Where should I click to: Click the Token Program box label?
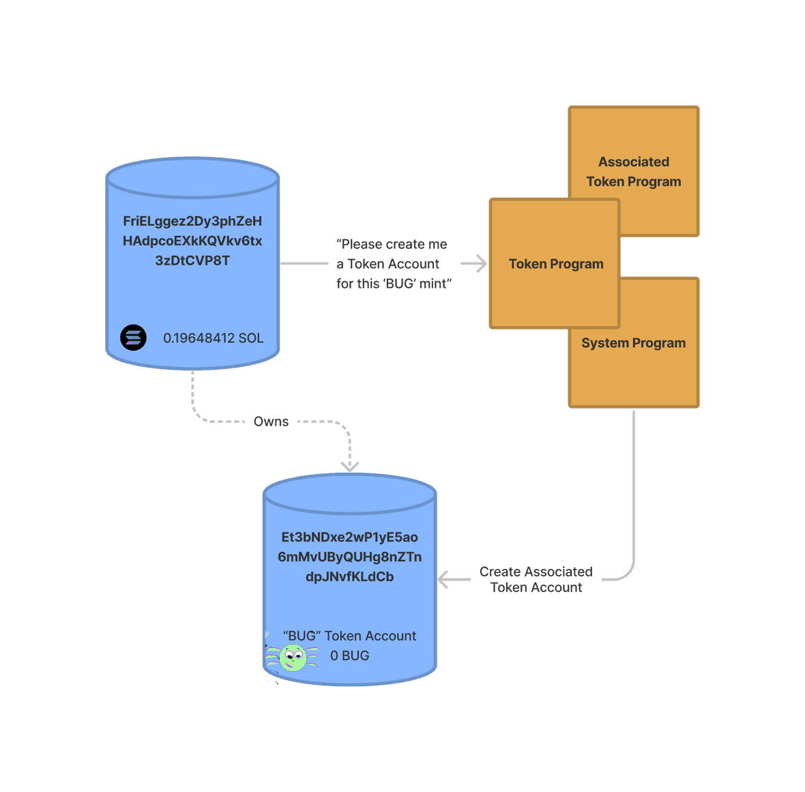pyautogui.click(x=556, y=264)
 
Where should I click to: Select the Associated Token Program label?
pyautogui.click(x=633, y=172)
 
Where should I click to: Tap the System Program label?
pyautogui.click(x=633, y=343)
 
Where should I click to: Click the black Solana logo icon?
pyautogui.click(x=134, y=338)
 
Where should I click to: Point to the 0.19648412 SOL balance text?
pyautogui.click(x=213, y=338)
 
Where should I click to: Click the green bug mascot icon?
pyautogui.click(x=293, y=658)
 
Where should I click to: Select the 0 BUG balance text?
pyautogui.click(x=349, y=656)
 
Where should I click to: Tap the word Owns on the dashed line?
pyautogui.click(x=271, y=422)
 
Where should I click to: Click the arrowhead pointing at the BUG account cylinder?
pyautogui.click(x=445, y=580)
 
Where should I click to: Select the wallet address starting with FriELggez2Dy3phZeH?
pyautogui.click(x=192, y=221)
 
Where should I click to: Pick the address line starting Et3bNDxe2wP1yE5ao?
pyautogui.click(x=349, y=537)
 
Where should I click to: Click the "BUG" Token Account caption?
pyautogui.click(x=349, y=636)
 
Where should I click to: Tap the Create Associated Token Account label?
pyautogui.click(x=536, y=580)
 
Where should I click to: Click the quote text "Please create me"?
pyautogui.click(x=392, y=244)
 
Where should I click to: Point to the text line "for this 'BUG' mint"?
pyautogui.click(x=394, y=284)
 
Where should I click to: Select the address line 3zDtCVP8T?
pyautogui.click(x=192, y=261)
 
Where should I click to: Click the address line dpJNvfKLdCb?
pyautogui.click(x=349, y=576)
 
